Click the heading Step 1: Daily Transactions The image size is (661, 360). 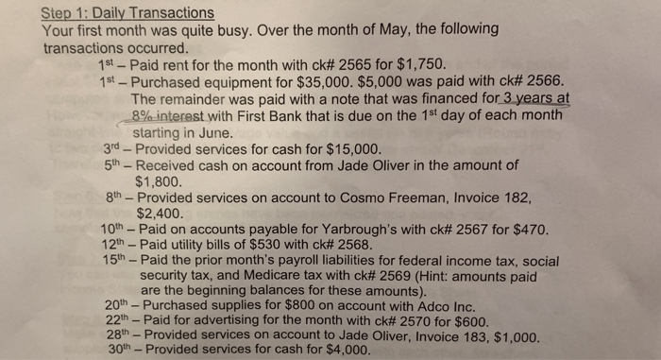tap(128, 13)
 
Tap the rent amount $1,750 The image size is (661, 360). tap(415, 63)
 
